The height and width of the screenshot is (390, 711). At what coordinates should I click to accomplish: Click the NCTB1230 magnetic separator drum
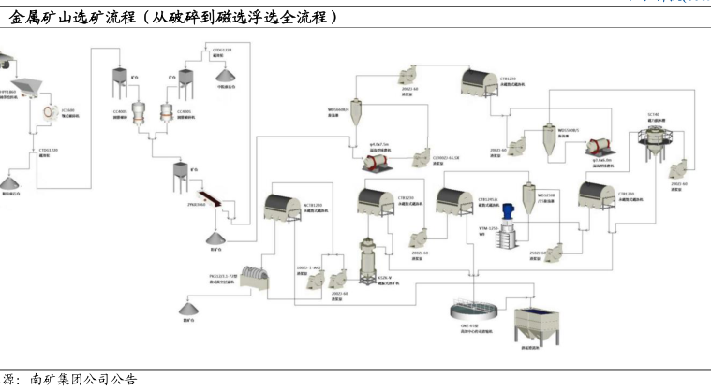click(x=291, y=213)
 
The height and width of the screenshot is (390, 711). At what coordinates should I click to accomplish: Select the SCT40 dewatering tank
click(x=652, y=137)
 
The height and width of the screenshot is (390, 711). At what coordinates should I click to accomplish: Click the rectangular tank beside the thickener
click(x=537, y=325)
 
